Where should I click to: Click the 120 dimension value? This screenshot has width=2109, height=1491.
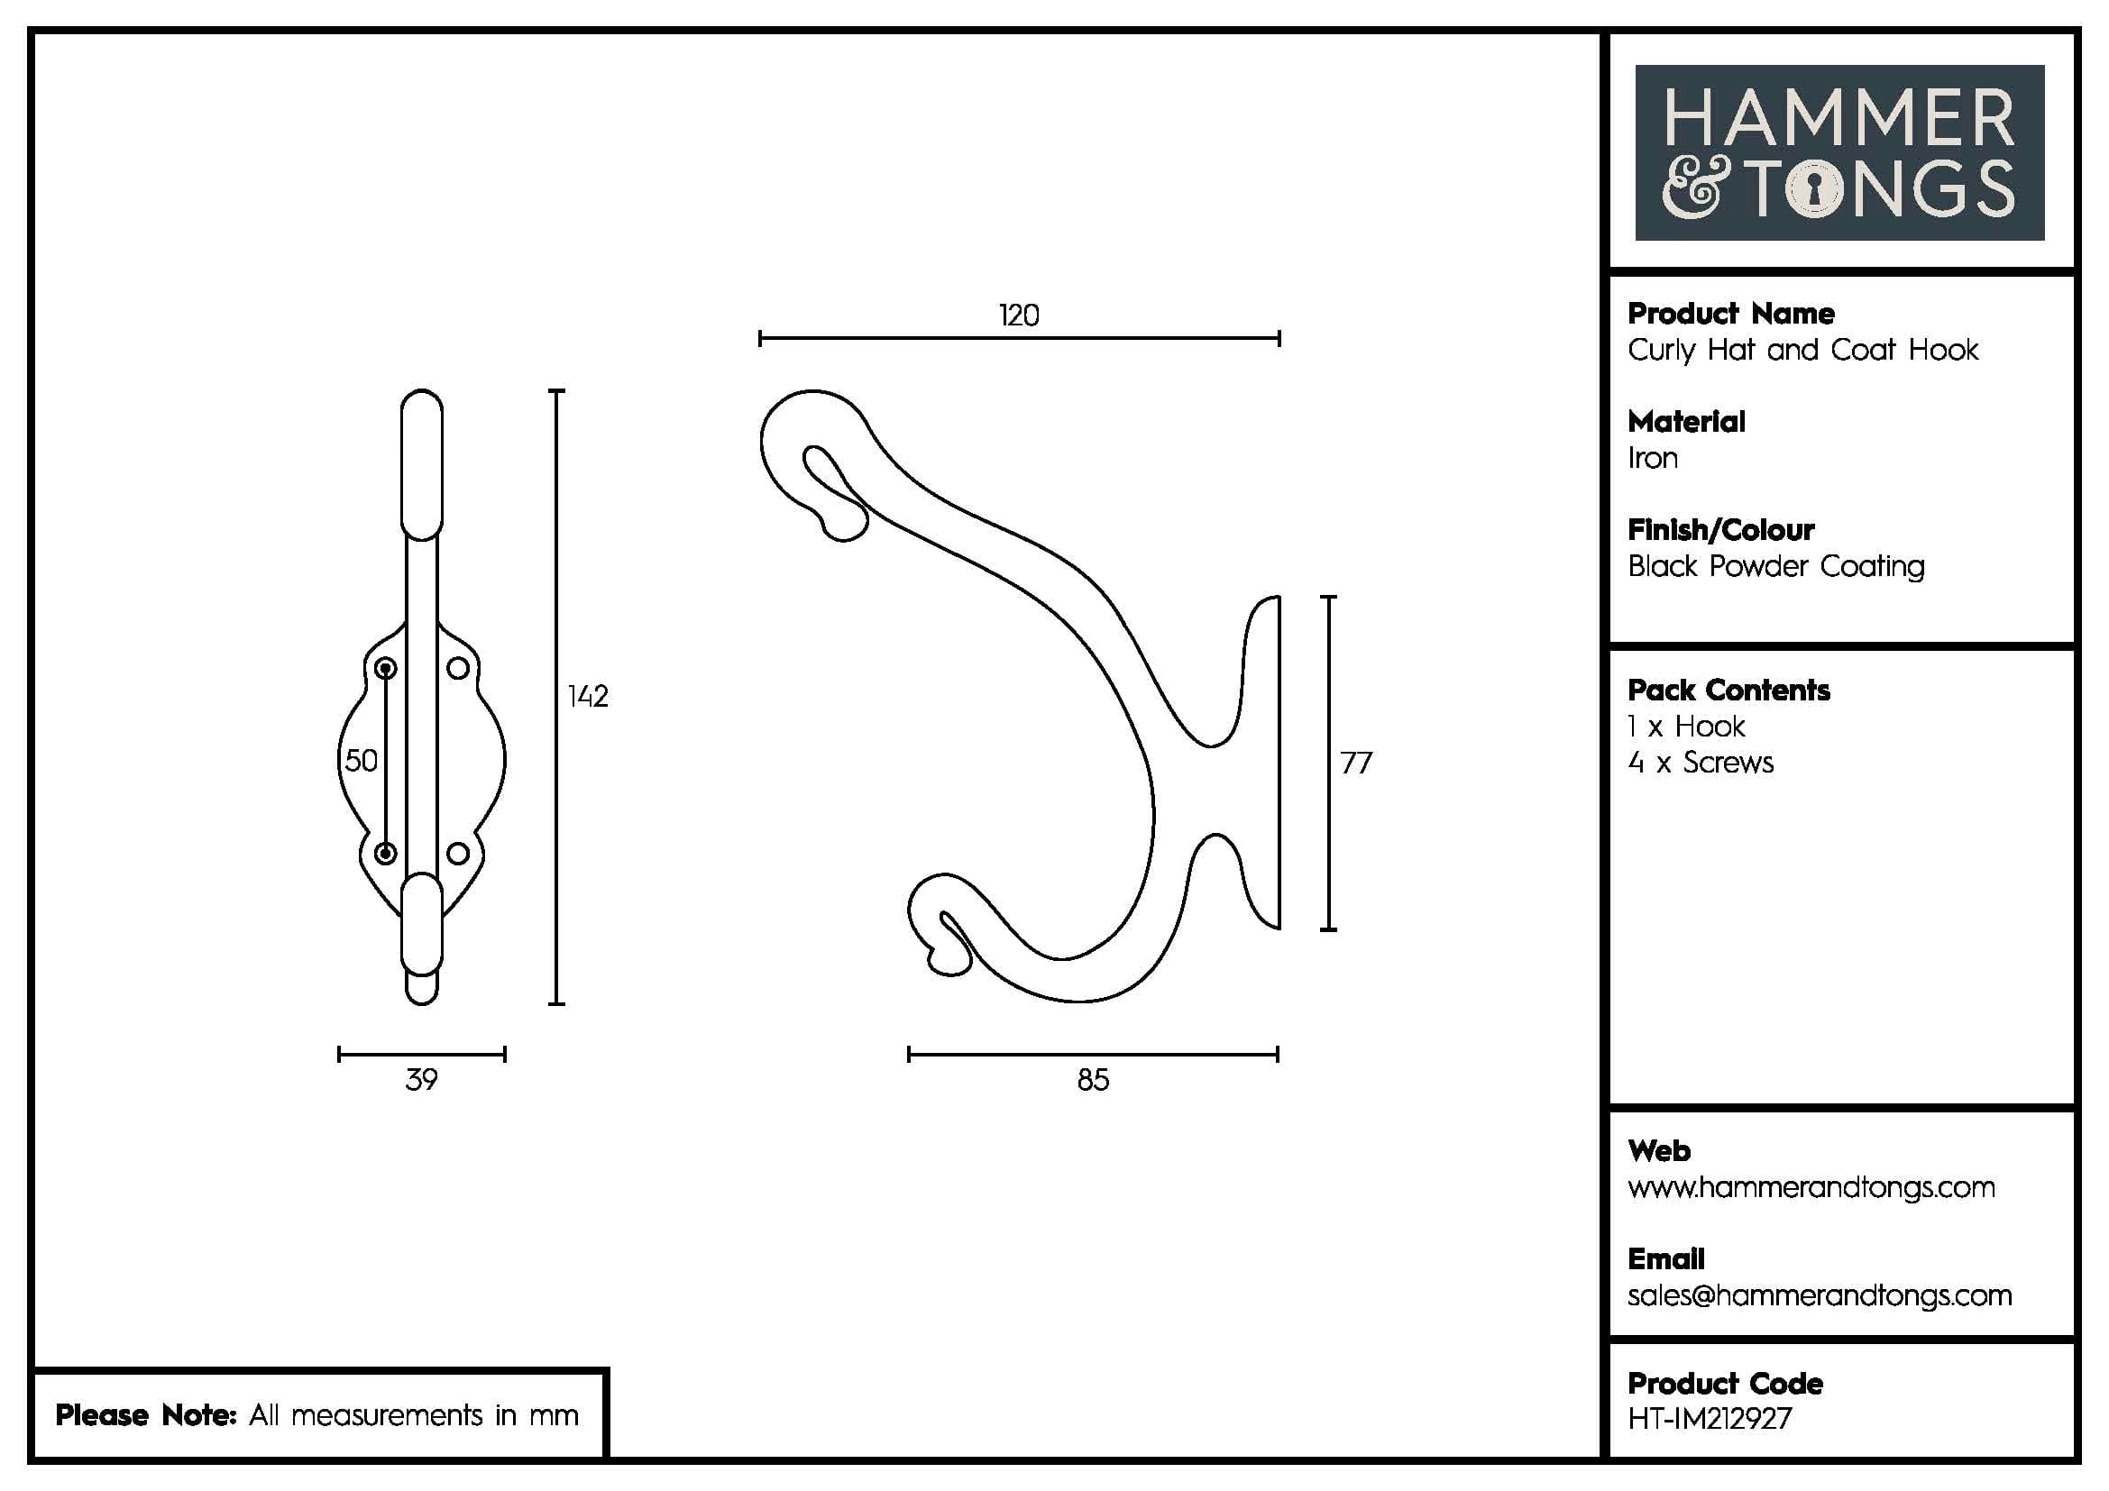pyautogui.click(x=1019, y=316)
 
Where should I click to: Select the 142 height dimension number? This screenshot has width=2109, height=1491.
pyautogui.click(x=588, y=696)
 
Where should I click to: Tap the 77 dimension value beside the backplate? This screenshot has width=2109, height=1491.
pyautogui.click(x=1356, y=763)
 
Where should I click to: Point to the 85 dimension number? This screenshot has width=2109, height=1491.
pyautogui.click(x=1093, y=1080)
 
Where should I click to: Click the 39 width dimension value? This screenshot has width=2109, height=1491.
pyautogui.click(x=422, y=1080)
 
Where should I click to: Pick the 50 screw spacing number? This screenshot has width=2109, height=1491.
pyautogui.click(x=361, y=760)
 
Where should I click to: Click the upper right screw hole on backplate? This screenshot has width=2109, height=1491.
pyautogui.click(x=457, y=667)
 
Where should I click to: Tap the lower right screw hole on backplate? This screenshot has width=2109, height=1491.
pyautogui.click(x=457, y=854)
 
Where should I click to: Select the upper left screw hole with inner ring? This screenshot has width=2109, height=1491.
pyautogui.click(x=386, y=667)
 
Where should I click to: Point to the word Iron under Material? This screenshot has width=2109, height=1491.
pyautogui.click(x=1653, y=458)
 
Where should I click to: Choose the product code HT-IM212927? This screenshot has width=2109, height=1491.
pyautogui.click(x=1710, y=1419)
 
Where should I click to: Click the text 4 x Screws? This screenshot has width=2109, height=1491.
pyautogui.click(x=1701, y=763)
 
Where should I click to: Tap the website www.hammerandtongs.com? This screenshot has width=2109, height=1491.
pyautogui.click(x=1811, y=1187)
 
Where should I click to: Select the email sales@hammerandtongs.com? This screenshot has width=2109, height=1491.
pyautogui.click(x=1820, y=1295)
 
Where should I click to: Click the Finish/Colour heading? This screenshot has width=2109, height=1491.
pyautogui.click(x=1720, y=530)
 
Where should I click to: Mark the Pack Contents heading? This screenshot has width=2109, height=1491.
pyautogui.click(x=1728, y=691)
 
